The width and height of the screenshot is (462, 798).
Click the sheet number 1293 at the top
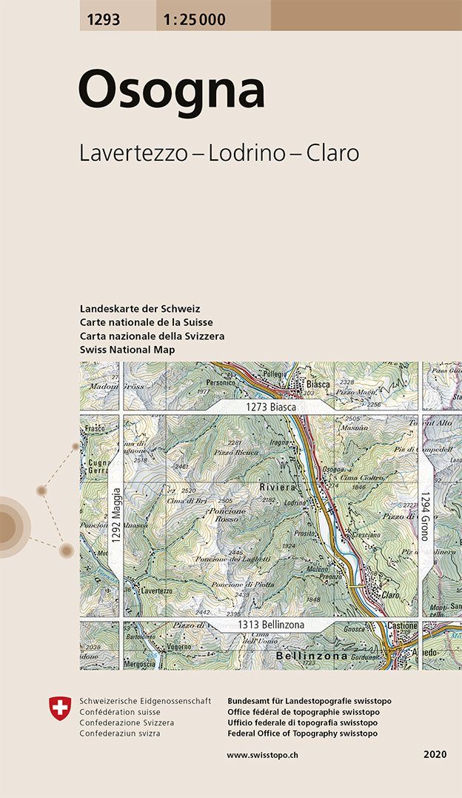tap(101, 20)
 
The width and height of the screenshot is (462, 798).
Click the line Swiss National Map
tap(126, 349)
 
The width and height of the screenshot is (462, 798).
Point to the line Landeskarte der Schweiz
tap(140, 309)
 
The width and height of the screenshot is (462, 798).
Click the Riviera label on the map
tap(277, 488)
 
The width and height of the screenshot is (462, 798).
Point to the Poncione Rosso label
tap(227, 515)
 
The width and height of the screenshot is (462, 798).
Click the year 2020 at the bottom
tap(435, 754)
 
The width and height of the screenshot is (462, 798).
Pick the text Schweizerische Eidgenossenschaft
tap(145, 701)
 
